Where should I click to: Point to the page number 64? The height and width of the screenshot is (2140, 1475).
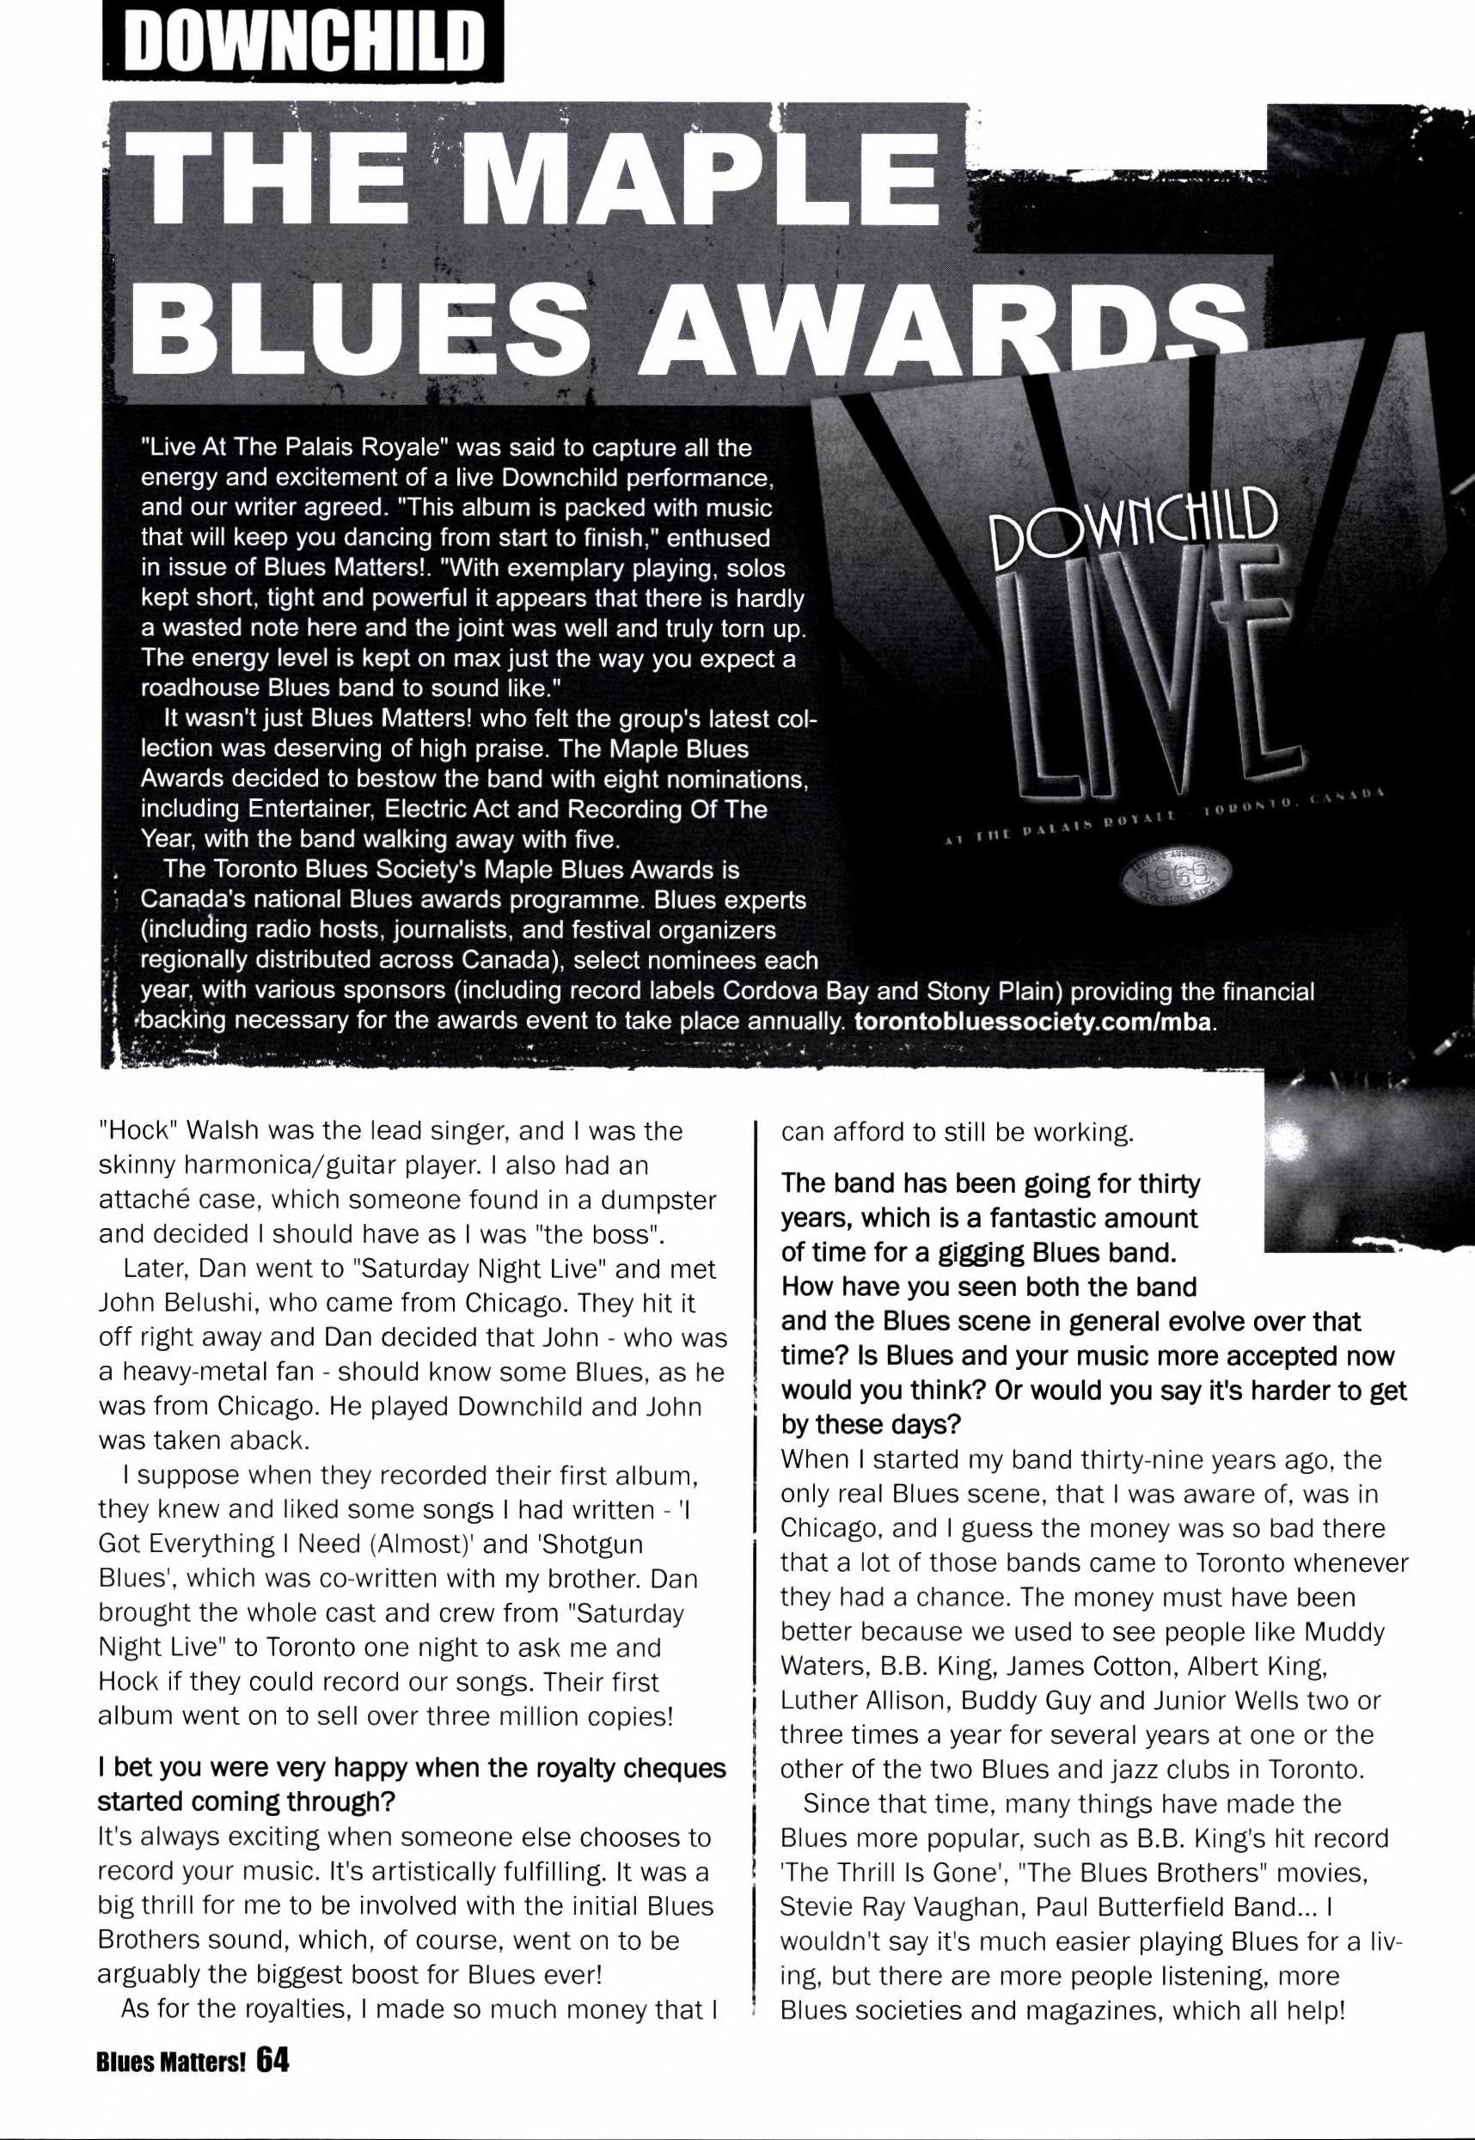(x=274, y=2057)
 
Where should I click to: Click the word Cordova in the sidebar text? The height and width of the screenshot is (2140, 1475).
(x=771, y=993)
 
